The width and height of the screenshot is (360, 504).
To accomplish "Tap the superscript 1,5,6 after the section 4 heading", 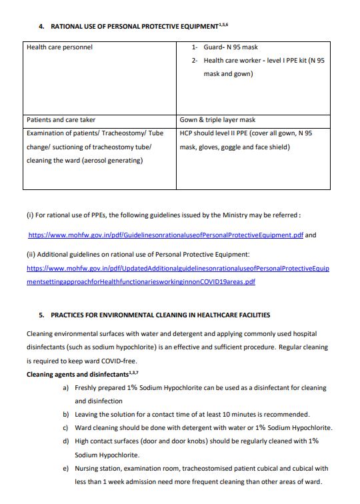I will tap(227, 24).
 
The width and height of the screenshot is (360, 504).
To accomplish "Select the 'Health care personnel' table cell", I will tap(59, 47).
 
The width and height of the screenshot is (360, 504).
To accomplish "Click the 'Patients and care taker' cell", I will tap(61, 120).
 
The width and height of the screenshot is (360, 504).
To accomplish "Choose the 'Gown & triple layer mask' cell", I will tap(217, 120).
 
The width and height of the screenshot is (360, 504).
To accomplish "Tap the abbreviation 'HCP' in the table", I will tap(187, 133).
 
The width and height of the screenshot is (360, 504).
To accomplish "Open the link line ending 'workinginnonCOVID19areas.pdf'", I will tap(141, 282).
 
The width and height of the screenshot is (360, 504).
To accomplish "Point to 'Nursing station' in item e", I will tap(99, 469).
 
